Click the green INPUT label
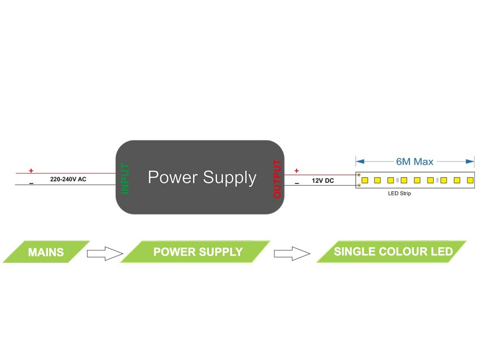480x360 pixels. (125, 178)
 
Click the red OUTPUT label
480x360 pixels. (277, 179)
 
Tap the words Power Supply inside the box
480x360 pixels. (202, 178)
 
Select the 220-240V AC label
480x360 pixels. (68, 179)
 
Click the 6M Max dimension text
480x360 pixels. (414, 161)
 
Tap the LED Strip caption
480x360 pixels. (399, 194)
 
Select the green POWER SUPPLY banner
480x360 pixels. (198, 252)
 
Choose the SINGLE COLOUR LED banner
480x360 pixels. (393, 251)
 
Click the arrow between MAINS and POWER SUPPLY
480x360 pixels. (104, 253)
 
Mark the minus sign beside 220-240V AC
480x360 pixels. (31, 183)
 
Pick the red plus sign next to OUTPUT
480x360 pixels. (296, 170)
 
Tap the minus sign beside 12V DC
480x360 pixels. (296, 183)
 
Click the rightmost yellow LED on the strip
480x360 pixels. (470, 180)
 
